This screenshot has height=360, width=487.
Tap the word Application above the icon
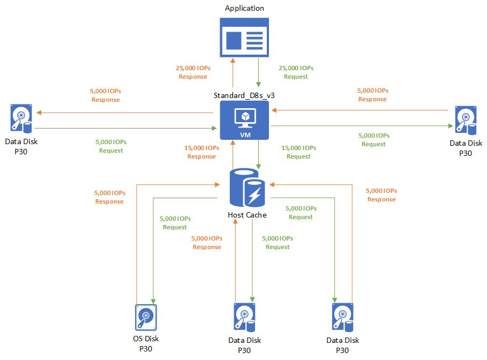[x=244, y=8]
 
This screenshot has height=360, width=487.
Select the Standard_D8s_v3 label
[x=244, y=94]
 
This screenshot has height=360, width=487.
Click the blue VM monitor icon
[x=244, y=117]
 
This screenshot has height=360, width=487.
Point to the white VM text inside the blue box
[x=244, y=134]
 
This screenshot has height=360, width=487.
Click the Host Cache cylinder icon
[x=246, y=187]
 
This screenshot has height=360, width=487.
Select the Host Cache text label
[x=247, y=215]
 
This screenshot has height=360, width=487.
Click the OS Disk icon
[x=146, y=318]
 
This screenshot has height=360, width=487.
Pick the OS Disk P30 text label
[x=146, y=343]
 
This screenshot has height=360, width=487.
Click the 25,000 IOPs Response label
[x=192, y=72]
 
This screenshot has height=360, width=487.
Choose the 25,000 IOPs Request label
[x=296, y=72]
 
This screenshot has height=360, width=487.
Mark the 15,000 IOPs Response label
[x=201, y=152]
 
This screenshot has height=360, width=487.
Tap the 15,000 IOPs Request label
[x=298, y=152]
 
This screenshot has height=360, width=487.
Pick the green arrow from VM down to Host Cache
[x=259, y=155]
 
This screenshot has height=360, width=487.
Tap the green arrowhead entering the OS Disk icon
[x=154, y=300]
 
